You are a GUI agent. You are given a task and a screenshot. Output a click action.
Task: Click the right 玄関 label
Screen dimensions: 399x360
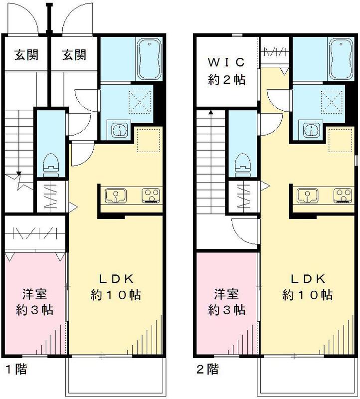74,54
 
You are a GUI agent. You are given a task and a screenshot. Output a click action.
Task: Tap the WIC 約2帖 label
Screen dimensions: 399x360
226,71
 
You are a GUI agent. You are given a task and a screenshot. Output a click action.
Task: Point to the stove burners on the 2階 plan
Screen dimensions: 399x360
342,196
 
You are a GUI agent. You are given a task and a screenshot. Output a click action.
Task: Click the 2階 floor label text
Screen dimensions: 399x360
206,370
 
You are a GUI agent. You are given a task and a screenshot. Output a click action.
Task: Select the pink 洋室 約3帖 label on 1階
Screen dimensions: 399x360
34,302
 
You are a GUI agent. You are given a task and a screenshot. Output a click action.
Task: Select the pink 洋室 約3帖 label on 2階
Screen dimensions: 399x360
226,302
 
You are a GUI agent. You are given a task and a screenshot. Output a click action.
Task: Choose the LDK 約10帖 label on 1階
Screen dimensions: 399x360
116,287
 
